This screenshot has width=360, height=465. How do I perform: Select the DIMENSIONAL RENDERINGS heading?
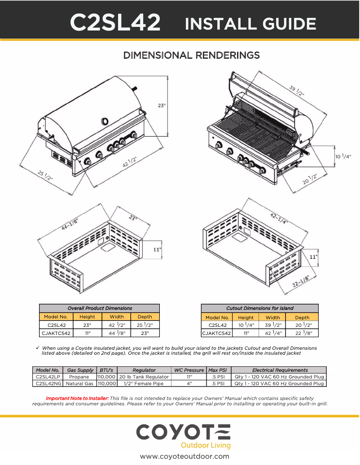(192, 55)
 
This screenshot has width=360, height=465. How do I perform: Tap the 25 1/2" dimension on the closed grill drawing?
(45, 176)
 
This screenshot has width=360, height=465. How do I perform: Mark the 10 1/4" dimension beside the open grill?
(343, 156)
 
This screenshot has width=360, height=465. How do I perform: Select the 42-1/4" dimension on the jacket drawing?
(279, 218)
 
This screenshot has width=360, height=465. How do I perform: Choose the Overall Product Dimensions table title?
(99, 308)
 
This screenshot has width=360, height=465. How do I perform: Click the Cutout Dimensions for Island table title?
(260, 308)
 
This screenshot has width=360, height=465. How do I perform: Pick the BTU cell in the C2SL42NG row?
(107, 383)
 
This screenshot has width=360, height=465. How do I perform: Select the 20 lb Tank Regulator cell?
(144, 377)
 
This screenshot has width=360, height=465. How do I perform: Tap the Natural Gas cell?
(79, 383)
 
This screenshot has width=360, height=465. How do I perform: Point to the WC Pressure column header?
(189, 370)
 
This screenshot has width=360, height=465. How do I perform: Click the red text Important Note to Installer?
(77, 398)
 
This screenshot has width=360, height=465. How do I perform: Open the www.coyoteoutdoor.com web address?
(184, 456)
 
